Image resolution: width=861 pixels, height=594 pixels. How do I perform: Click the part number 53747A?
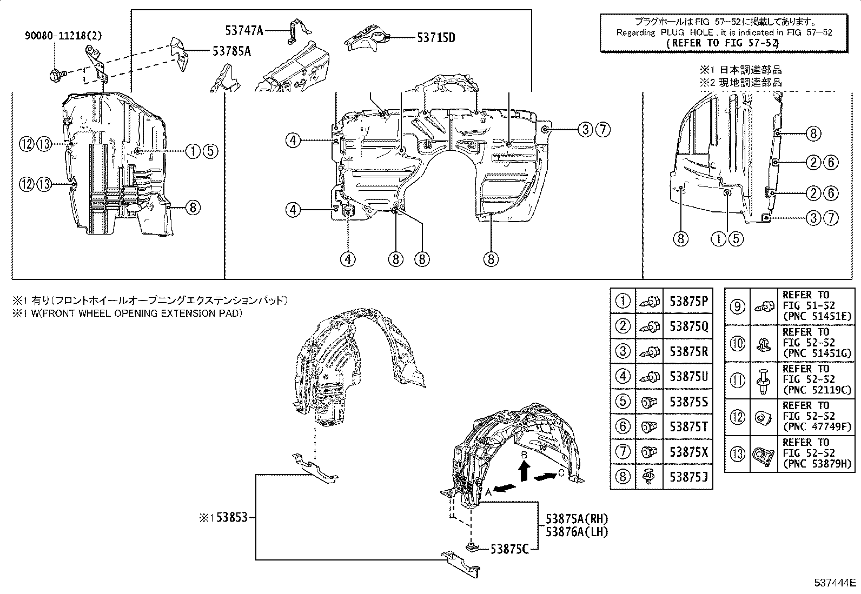(x=244, y=30)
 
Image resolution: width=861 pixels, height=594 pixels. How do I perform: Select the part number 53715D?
(x=436, y=38)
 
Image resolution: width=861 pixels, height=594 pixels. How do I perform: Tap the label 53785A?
(x=232, y=51)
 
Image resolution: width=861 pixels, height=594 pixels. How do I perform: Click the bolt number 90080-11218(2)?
(x=63, y=36)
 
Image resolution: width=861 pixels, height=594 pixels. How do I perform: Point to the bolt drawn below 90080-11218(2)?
(x=58, y=74)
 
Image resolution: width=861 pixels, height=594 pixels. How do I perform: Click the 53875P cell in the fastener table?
(x=688, y=301)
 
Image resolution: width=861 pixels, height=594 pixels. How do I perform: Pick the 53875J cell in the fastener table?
(x=688, y=477)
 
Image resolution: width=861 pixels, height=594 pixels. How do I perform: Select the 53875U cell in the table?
(x=688, y=376)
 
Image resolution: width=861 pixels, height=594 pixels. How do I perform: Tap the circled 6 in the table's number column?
(x=622, y=426)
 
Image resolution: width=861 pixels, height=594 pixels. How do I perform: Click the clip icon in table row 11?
(x=763, y=381)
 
